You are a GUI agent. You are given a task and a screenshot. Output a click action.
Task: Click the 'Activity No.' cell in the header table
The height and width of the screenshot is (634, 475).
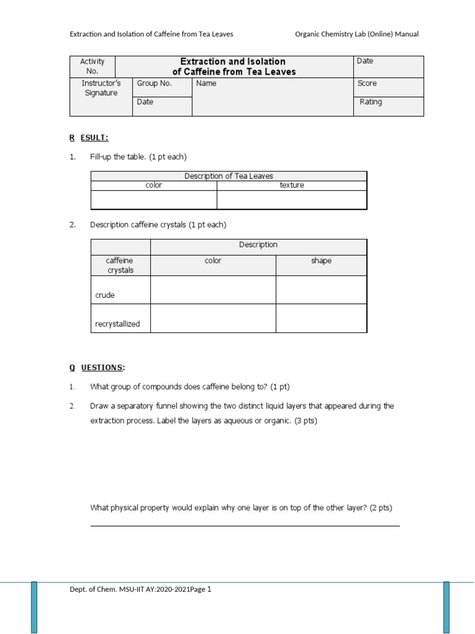click(92, 66)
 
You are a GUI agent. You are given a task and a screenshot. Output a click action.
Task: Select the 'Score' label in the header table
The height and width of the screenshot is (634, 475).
click(367, 84)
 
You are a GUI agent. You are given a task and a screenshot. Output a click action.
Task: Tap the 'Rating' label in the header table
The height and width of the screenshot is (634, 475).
click(370, 102)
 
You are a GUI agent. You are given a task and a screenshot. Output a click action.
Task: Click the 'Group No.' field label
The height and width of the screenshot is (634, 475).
click(154, 84)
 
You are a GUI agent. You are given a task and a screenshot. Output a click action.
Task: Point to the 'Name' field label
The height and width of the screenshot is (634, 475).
click(206, 84)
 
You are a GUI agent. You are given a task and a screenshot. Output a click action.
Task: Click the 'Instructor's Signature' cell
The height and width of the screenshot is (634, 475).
click(101, 88)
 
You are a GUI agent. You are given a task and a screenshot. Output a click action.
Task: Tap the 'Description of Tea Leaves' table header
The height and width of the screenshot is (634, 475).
click(228, 176)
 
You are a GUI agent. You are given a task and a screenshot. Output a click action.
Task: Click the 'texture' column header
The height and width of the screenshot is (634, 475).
click(291, 185)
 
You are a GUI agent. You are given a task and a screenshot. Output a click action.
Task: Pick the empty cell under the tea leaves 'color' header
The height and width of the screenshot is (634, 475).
click(153, 200)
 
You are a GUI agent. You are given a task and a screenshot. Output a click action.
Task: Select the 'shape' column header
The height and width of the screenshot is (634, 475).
click(321, 261)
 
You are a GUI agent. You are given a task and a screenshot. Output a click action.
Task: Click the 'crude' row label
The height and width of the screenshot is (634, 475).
click(105, 295)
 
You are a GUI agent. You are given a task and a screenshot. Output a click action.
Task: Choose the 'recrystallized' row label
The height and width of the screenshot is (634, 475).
click(118, 324)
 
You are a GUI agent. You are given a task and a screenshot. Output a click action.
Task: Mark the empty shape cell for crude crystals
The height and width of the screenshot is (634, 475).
click(321, 290)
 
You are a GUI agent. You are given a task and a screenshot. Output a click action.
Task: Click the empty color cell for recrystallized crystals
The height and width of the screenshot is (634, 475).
click(213, 318)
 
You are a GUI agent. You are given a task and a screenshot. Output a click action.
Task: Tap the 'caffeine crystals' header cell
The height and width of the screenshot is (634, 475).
click(120, 266)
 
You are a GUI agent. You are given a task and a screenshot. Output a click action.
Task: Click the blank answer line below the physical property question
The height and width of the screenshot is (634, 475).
click(245, 526)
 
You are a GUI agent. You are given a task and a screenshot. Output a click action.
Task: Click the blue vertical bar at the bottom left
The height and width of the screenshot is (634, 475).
click(34, 607)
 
